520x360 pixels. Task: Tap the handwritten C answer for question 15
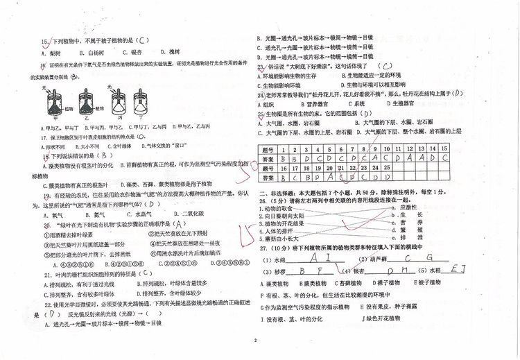pos(141,40)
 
